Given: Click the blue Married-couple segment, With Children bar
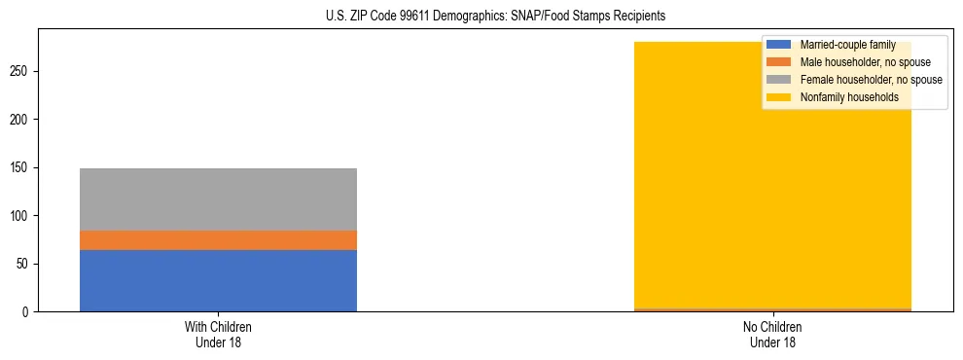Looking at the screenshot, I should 218,280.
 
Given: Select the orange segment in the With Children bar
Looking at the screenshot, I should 218,240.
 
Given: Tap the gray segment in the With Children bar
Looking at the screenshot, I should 218,199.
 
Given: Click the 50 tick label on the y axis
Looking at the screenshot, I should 24,264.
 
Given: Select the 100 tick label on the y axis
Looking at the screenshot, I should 21,216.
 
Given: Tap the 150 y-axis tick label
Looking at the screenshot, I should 21,167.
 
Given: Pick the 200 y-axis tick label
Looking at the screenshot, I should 21,120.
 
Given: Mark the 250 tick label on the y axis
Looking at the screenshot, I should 21,71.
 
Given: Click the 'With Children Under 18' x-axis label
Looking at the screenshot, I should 218,334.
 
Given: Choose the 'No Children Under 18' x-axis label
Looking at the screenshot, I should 772,334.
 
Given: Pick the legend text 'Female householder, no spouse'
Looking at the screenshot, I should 871,80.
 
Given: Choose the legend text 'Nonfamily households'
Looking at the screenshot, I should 848,97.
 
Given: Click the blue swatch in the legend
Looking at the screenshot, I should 779,45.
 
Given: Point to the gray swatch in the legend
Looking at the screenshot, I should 779,80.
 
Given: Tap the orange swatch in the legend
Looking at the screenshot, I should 779,62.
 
